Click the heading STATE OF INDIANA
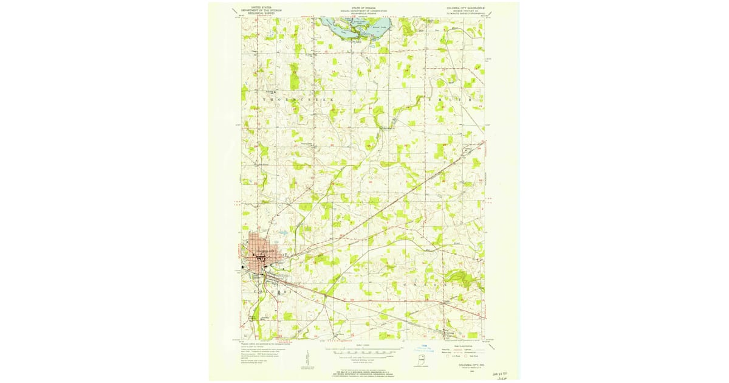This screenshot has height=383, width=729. click(x=364, y=6)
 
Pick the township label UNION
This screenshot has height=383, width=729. click(x=425, y=285)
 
